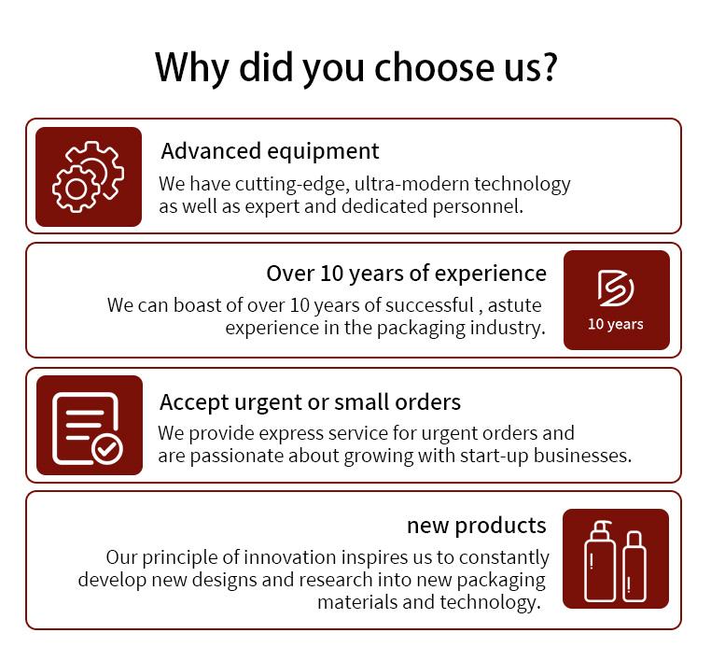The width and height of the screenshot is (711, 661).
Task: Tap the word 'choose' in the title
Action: click(x=436, y=67)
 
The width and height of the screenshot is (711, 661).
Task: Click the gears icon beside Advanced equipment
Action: click(x=88, y=176)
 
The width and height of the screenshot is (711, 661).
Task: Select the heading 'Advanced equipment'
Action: click(x=271, y=151)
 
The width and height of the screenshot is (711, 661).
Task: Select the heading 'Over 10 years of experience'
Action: click(x=406, y=274)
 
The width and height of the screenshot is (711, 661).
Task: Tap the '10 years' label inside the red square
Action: click(x=615, y=324)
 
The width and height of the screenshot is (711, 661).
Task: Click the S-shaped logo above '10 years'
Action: click(x=615, y=288)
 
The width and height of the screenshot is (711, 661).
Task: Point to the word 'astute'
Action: click(x=514, y=305)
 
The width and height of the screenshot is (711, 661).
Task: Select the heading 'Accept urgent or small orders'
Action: click(x=310, y=402)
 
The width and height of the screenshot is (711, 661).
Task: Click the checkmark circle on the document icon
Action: click(x=107, y=449)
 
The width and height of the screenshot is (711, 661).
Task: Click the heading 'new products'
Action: click(x=477, y=526)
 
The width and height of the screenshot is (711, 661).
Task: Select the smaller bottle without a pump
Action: click(x=634, y=566)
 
